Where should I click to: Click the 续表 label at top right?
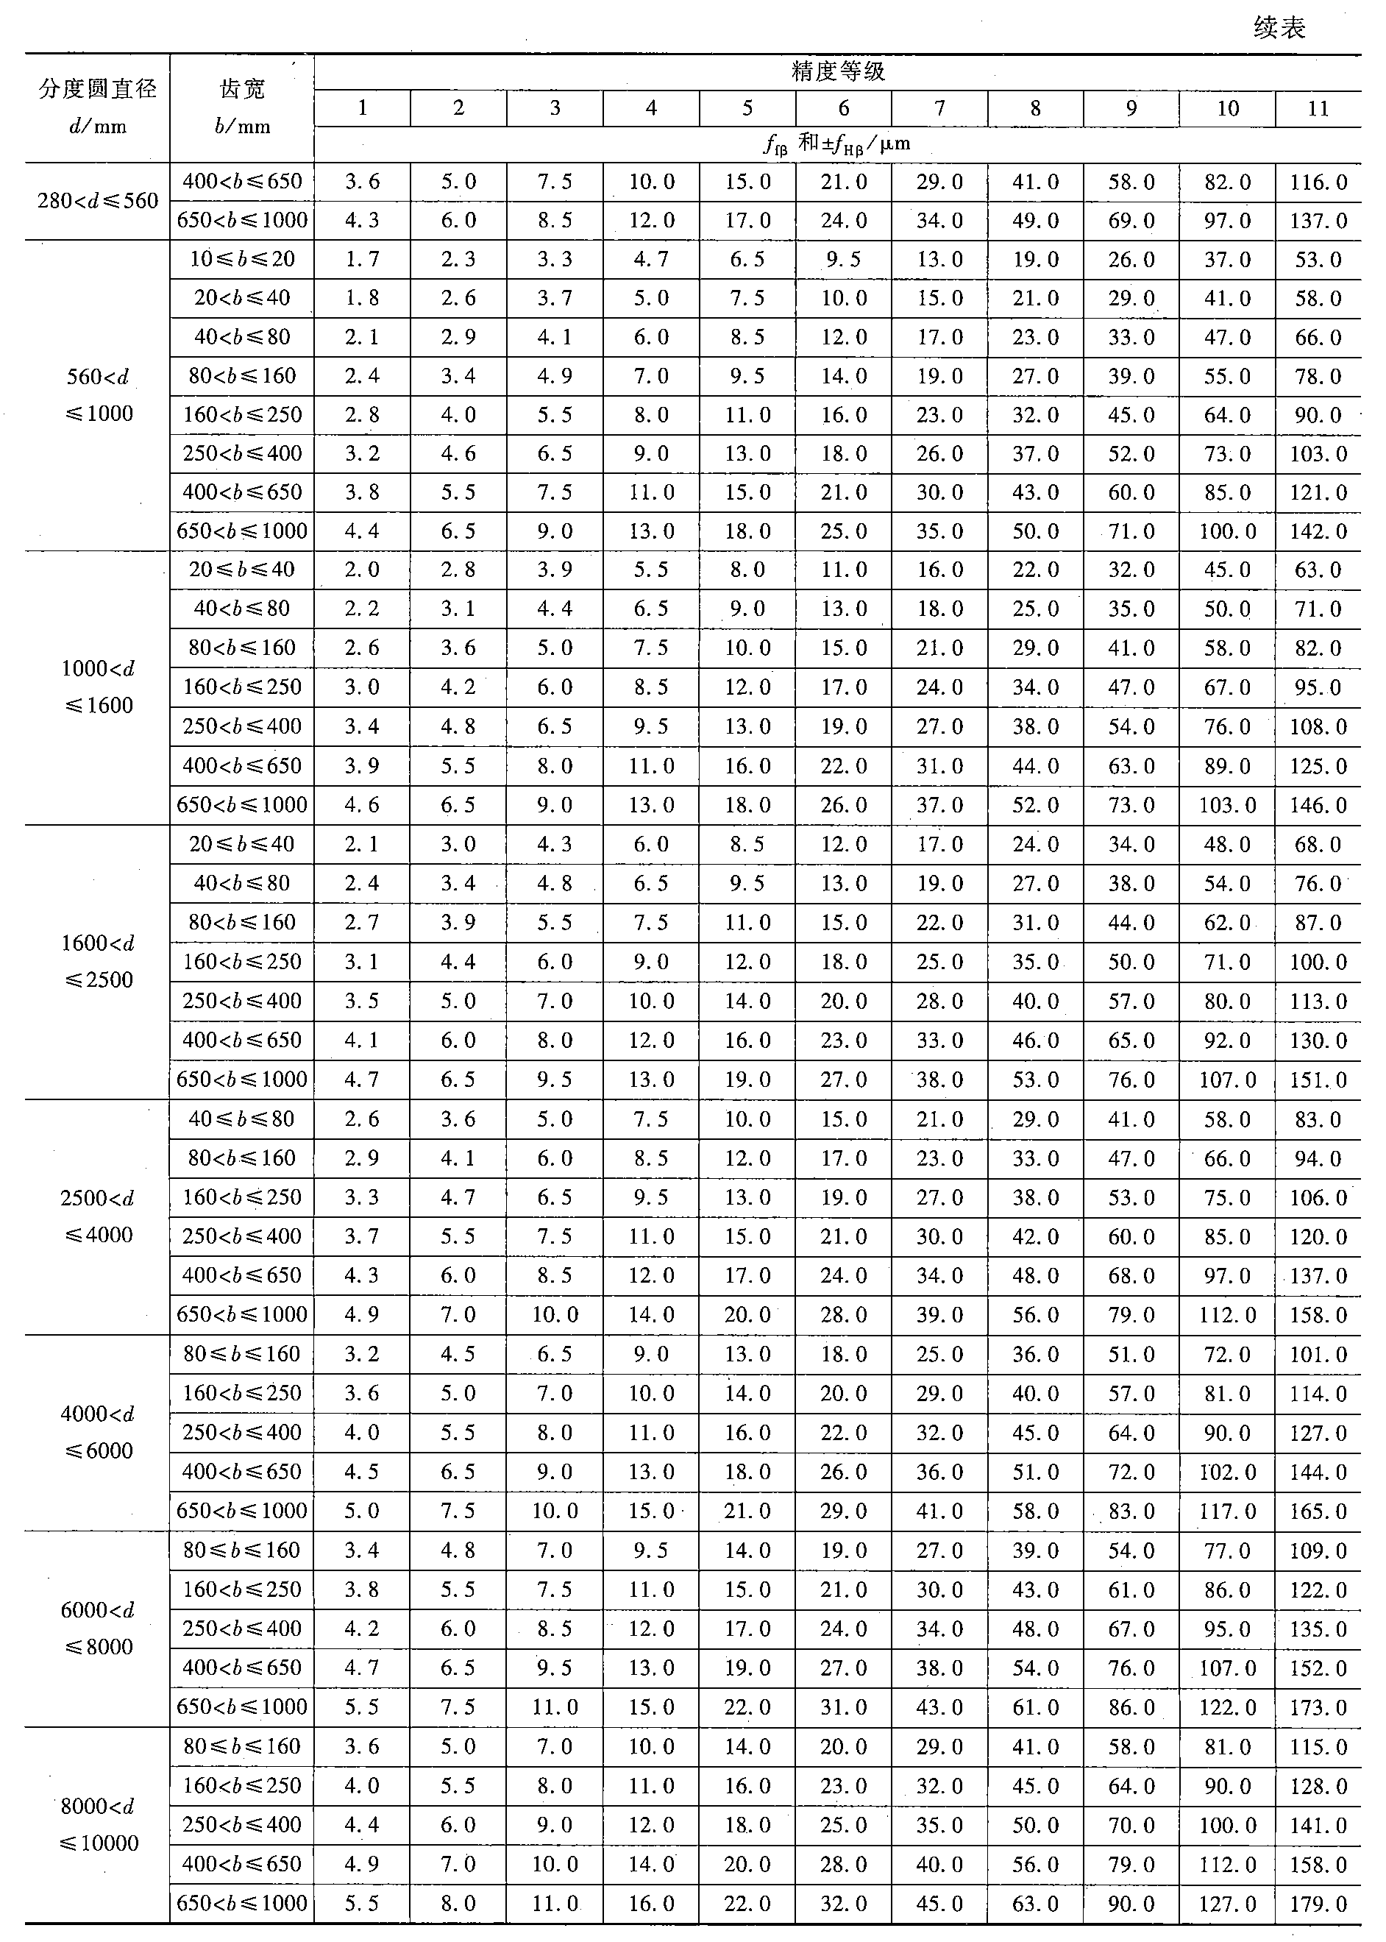(x=1279, y=29)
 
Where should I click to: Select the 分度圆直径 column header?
(x=97, y=90)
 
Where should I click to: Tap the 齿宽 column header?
(x=241, y=90)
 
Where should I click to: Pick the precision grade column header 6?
(x=843, y=108)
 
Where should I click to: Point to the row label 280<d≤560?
(x=97, y=202)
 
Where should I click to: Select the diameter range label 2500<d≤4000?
(x=98, y=1216)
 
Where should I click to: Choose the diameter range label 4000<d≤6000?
(x=98, y=1432)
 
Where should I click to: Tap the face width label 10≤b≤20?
(x=241, y=258)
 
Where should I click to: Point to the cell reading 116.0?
(x=1318, y=182)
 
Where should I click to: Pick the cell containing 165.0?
(x=1318, y=1511)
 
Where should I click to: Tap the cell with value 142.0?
(x=1318, y=531)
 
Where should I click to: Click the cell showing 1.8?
(x=362, y=298)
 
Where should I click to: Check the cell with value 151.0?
(x=1318, y=1080)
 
